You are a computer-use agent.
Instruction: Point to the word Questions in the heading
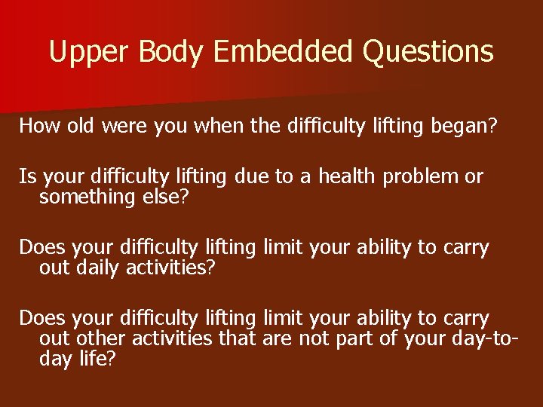pyautogui.click(x=428, y=52)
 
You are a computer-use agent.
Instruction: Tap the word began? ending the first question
pyautogui.click(x=464, y=125)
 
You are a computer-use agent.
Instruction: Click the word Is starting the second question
pyautogui.click(x=27, y=176)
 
